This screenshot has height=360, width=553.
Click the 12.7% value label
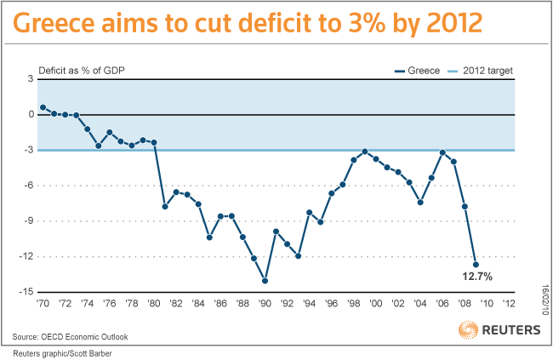[477, 277]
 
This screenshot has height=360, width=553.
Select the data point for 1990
[265, 280]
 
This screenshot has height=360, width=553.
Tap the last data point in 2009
[476, 264]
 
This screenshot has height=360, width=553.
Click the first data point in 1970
[43, 107]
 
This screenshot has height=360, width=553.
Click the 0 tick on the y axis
[31, 114]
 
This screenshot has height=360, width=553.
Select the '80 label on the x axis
[154, 304]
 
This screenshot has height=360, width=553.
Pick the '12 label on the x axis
[509, 304]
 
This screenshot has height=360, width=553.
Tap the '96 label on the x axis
[332, 304]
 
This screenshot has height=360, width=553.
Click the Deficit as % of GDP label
[78, 70]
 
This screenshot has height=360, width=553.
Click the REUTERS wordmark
[510, 329]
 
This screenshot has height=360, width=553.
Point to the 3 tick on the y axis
[31, 78]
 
